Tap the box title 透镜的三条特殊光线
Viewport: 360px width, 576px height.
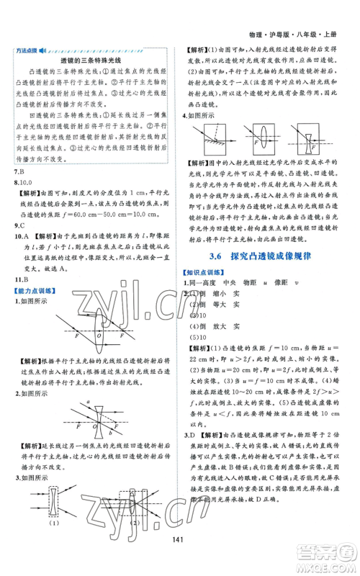[x=90, y=61]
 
